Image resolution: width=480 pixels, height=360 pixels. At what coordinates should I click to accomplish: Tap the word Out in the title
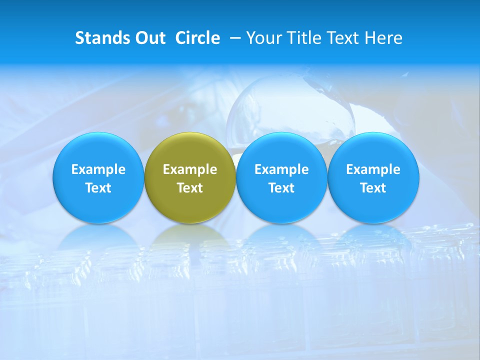tap(149, 38)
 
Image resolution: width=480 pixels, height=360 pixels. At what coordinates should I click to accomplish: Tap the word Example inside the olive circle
tap(190, 169)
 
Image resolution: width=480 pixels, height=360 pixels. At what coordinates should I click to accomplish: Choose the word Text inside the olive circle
tap(190, 188)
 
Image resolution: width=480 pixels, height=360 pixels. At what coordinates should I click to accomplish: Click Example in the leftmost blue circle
tap(98, 169)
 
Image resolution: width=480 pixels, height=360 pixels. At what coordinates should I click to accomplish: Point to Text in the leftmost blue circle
tap(98, 188)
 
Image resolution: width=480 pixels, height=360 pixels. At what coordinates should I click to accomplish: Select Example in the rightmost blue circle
tap(373, 169)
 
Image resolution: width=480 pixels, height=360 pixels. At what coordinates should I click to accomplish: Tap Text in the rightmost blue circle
tap(373, 188)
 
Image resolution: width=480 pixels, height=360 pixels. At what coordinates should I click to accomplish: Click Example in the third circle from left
tap(281, 169)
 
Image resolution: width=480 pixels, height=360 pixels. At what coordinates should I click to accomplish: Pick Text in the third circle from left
tap(281, 188)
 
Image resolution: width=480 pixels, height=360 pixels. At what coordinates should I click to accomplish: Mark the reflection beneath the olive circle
tap(190, 237)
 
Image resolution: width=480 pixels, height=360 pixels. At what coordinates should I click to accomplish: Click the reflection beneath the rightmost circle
tap(373, 237)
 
